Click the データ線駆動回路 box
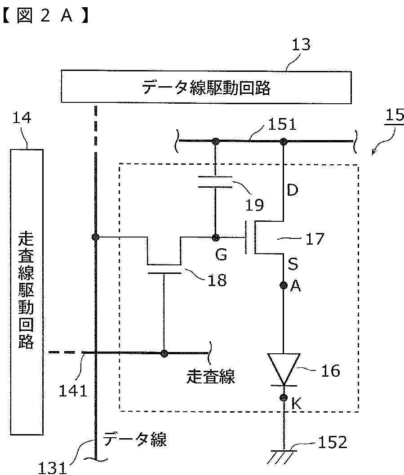(x=206, y=87)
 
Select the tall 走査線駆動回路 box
(x=27, y=292)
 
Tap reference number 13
(x=301, y=44)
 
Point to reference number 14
(x=22, y=117)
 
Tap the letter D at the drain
(x=293, y=190)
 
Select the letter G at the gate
(x=221, y=255)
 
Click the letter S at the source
(x=293, y=264)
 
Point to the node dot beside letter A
(x=283, y=285)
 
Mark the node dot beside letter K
(x=283, y=397)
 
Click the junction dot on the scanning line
(x=164, y=353)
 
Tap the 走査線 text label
(x=210, y=377)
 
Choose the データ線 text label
(x=135, y=439)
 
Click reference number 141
(x=73, y=391)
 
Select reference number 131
(x=52, y=468)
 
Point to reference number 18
(x=217, y=281)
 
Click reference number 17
(x=315, y=239)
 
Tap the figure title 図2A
(x=45, y=16)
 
